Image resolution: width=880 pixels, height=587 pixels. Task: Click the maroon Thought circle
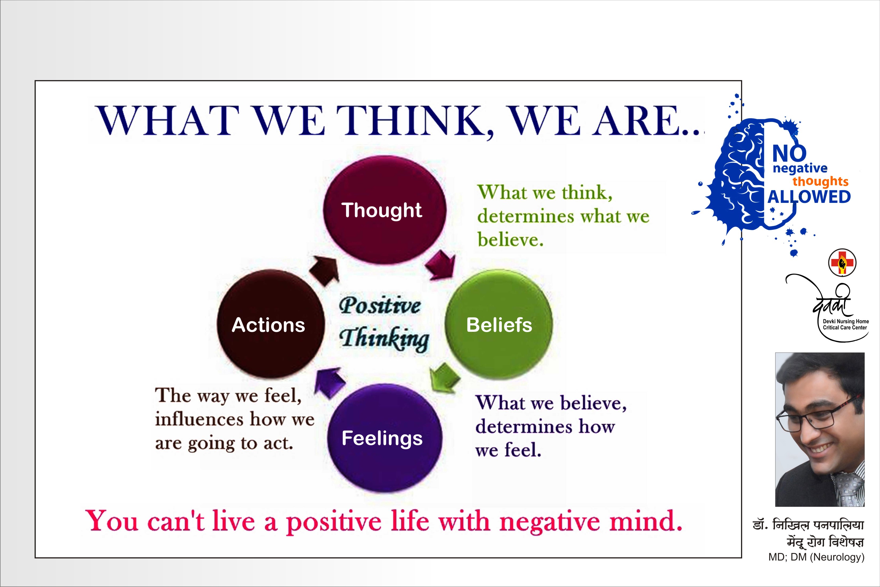click(x=385, y=210)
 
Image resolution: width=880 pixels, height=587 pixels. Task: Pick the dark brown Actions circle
click(x=270, y=324)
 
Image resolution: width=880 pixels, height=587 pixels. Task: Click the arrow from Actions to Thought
click(x=325, y=270)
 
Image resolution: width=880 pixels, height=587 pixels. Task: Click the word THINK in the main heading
click(x=414, y=121)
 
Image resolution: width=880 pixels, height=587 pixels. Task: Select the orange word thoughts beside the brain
click(x=821, y=182)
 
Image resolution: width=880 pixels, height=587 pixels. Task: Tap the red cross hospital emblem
click(x=842, y=262)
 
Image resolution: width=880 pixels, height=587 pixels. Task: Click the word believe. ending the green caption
click(x=510, y=240)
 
